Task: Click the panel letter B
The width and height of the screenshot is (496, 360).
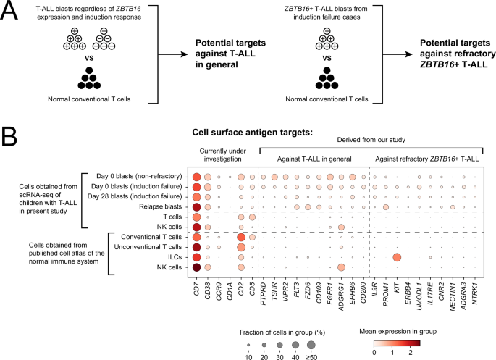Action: coord(10,136)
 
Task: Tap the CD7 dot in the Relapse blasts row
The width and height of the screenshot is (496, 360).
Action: coord(196,206)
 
